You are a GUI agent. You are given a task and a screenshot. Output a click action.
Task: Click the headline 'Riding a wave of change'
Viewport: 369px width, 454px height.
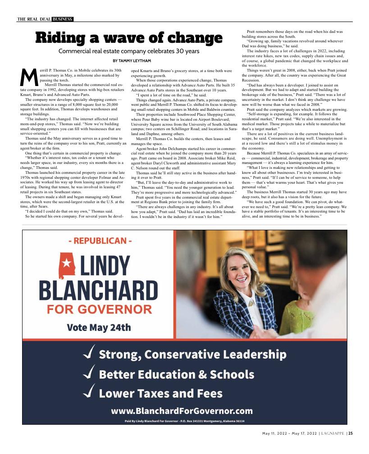pos(128,38)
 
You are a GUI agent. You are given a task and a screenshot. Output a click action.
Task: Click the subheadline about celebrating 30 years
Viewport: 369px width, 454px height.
pos(128,51)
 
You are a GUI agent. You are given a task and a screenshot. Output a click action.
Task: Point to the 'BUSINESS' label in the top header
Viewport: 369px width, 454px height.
pos(62,19)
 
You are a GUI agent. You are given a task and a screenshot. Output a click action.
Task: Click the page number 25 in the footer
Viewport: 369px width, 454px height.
pos(350,434)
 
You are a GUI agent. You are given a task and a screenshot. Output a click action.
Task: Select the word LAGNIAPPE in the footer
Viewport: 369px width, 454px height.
pos(333,434)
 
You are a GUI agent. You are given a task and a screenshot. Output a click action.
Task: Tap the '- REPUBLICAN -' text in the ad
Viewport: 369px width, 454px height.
pos(100,241)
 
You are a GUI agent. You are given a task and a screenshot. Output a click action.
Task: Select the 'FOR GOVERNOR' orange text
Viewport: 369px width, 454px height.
pos(99,309)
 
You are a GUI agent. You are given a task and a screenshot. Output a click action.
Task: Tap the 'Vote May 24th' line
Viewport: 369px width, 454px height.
pos(99,327)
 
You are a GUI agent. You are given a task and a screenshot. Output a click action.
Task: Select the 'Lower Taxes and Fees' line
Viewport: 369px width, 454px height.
pos(160,393)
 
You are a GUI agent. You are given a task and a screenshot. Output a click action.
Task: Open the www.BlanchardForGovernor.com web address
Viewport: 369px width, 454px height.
pos(182,411)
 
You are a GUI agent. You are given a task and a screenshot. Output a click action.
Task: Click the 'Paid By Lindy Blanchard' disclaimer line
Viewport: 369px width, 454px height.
pos(184,421)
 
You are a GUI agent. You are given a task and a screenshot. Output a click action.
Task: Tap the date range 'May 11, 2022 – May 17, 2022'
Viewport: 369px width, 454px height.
pos(289,434)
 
